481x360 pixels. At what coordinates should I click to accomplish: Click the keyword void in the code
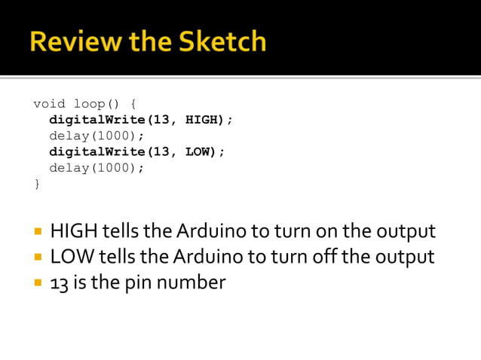click(49, 103)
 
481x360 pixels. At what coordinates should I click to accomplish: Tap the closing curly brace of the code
click(37, 184)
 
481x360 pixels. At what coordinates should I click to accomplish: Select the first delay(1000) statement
click(97, 136)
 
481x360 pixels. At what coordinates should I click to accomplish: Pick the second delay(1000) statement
click(97, 168)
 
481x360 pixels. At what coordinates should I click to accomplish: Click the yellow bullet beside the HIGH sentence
click(37, 231)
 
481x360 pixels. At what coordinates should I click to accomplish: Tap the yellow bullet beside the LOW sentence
click(37, 258)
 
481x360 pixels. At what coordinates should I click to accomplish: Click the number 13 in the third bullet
click(59, 283)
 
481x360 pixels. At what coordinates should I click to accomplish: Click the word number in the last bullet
click(188, 283)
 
